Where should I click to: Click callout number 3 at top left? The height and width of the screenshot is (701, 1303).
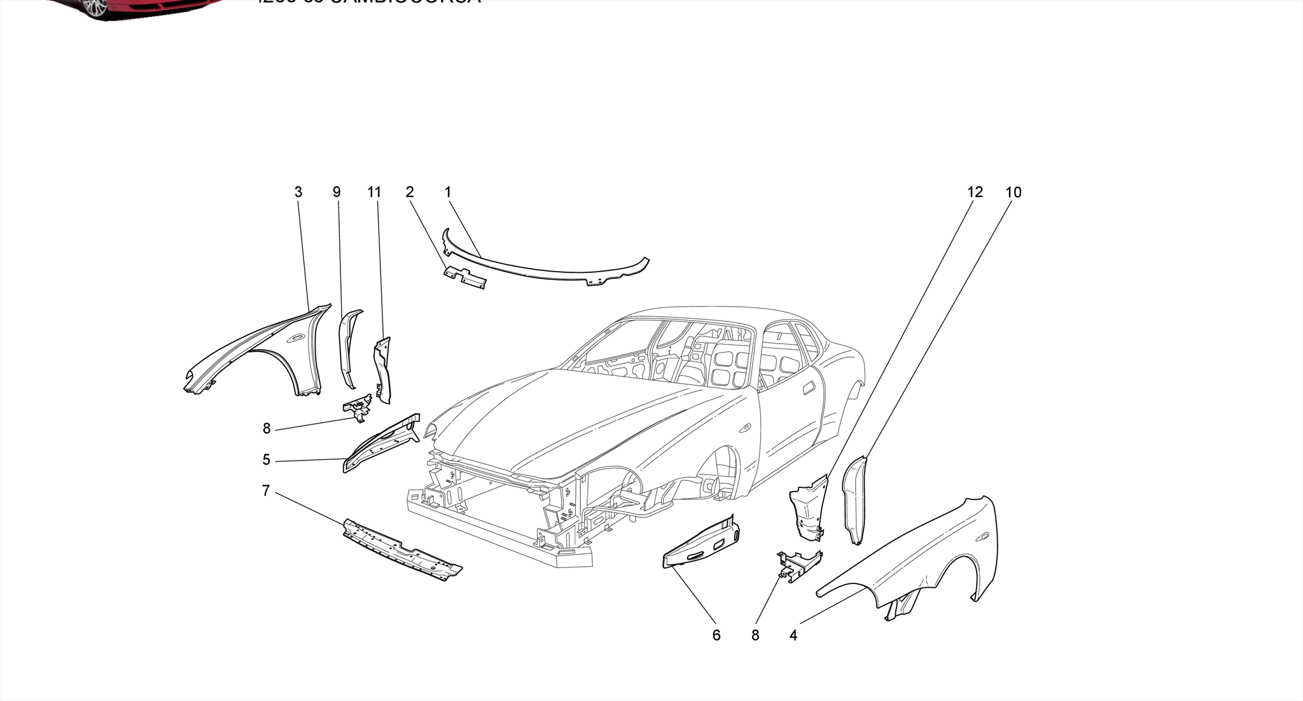tap(298, 192)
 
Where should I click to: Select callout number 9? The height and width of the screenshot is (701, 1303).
tap(337, 192)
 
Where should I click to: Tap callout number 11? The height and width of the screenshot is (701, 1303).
tap(374, 192)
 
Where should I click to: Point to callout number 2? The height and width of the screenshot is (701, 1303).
tap(410, 192)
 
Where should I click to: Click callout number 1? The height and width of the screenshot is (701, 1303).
tap(448, 192)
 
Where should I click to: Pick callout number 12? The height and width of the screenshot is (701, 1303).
tap(975, 192)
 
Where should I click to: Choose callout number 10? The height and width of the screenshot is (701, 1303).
tap(1014, 192)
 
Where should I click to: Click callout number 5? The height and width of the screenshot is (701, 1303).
tap(267, 460)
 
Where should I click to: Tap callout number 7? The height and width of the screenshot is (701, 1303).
tap(266, 491)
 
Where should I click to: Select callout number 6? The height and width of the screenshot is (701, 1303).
tap(716, 635)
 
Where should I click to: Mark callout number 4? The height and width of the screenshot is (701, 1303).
tap(793, 635)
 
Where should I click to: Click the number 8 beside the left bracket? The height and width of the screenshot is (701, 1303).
tap(267, 429)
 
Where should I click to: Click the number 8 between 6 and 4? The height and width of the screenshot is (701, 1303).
tap(755, 635)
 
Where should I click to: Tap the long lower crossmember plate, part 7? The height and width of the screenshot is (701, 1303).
tap(401, 550)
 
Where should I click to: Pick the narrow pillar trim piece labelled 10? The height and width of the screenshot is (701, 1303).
tap(855, 499)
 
